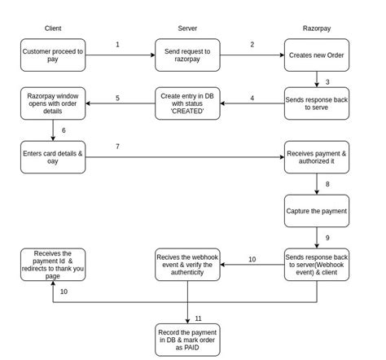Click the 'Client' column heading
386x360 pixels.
pyautogui.click(x=53, y=29)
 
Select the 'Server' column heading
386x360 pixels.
pyautogui.click(x=187, y=29)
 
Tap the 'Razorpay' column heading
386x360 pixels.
pyautogui.click(x=317, y=29)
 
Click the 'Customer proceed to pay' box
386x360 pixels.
pyautogui.click(x=53, y=55)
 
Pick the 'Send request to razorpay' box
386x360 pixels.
pyautogui.click(x=187, y=55)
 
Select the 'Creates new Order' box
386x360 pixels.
pyautogui.click(x=317, y=55)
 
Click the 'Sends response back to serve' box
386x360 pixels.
pyautogui.click(x=317, y=103)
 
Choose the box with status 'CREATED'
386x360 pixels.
pyautogui.click(x=187, y=103)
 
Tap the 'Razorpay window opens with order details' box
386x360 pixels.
pyautogui.click(x=53, y=103)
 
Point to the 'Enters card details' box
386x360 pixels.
pyautogui.click(x=53, y=157)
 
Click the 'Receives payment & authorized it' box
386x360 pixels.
pyautogui.click(x=317, y=157)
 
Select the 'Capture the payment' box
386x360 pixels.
pyautogui.click(x=317, y=211)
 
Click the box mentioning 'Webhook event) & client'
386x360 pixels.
pyautogui.click(x=317, y=265)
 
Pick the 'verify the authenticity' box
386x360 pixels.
pyautogui.click(x=187, y=265)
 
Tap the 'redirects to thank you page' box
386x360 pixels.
pyautogui.click(x=53, y=265)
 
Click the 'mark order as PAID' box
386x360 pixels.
pyautogui.click(x=187, y=340)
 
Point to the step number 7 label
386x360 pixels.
pyautogui.click(x=117, y=147)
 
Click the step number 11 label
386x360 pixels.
pyautogui.click(x=198, y=318)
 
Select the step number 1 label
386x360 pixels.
pyautogui.click(x=117, y=45)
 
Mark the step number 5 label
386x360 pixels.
pyautogui.click(x=117, y=98)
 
